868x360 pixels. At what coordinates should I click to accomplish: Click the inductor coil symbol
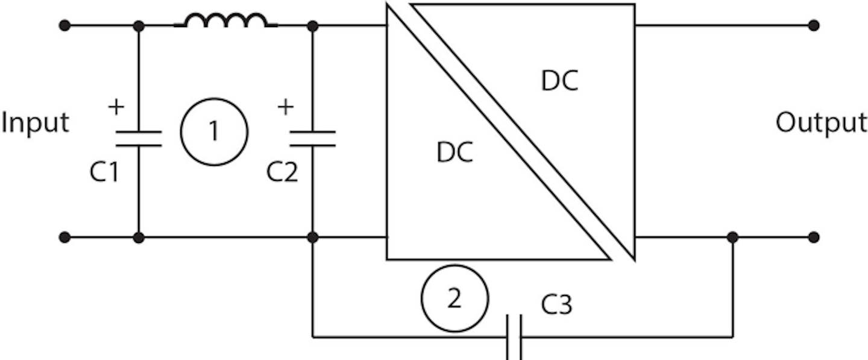point(226,21)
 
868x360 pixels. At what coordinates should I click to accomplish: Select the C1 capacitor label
point(106,172)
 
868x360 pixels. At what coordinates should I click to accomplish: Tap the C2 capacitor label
point(282,172)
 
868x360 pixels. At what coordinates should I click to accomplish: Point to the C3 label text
point(556,305)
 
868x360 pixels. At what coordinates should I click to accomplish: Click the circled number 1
point(214,131)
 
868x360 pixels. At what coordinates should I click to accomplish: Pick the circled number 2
point(454,298)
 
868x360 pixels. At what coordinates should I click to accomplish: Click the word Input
point(35,123)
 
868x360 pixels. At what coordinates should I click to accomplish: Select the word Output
point(821,123)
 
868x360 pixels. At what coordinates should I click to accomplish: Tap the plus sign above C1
point(116,107)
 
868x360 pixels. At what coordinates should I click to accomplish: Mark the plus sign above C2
point(286,107)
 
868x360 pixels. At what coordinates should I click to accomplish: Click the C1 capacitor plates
point(139,139)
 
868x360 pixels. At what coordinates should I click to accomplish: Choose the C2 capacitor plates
point(312,139)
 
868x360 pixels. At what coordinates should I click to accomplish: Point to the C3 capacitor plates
point(514,336)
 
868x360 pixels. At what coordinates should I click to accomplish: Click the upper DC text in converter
point(559,81)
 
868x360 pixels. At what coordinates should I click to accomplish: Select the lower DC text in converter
point(454,153)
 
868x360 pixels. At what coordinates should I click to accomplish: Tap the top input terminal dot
point(65,25)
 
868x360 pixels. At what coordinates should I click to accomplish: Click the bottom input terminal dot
point(65,238)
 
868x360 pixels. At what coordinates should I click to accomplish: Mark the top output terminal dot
point(813,25)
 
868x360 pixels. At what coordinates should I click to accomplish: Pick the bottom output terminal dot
point(813,238)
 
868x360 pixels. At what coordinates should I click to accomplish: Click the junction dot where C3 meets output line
point(732,238)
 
